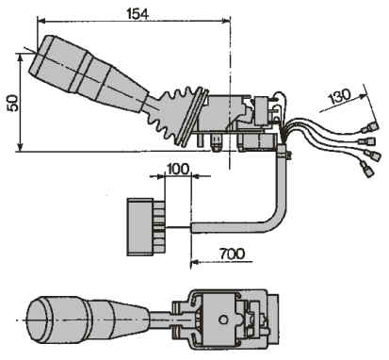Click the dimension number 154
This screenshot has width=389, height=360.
138,13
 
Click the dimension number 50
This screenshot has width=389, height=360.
13,103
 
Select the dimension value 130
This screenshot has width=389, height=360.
339,96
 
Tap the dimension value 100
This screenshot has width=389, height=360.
178,169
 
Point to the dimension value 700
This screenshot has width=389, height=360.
233,254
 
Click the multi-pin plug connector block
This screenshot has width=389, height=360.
146,227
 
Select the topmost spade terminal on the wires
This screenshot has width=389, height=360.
370,127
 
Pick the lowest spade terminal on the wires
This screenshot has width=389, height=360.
367,169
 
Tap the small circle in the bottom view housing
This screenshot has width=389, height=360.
223,319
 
